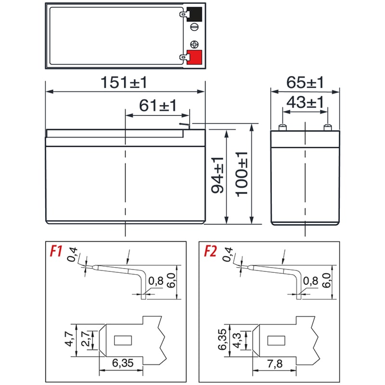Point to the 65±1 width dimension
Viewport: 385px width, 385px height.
pos(305,82)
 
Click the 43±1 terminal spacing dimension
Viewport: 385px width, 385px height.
pos(305,102)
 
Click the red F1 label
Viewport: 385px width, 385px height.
pos(57,251)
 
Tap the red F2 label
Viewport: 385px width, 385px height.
pos(211,251)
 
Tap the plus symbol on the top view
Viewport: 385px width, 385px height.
pos(194,43)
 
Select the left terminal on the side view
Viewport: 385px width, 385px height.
pos(282,127)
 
